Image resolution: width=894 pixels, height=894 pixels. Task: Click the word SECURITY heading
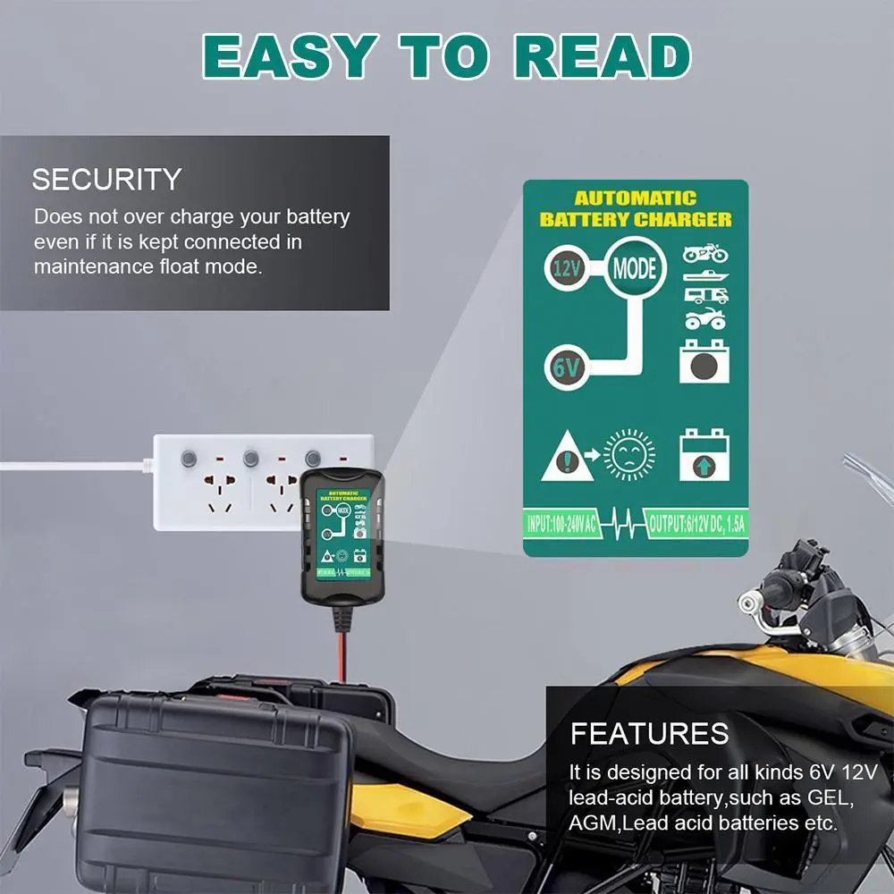pos(106,179)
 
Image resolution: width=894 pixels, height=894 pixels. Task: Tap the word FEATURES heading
pos(650,734)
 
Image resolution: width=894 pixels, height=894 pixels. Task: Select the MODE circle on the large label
pos(636,267)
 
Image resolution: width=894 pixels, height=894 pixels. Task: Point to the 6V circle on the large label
pos(567,366)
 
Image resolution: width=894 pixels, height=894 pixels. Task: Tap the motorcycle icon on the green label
pos(705,253)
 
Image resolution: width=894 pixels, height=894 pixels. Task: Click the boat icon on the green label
pos(705,275)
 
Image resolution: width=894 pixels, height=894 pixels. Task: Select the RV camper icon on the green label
pos(705,296)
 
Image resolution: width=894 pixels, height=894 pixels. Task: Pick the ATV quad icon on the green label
pos(705,318)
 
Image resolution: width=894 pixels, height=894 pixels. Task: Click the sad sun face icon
pos(628,456)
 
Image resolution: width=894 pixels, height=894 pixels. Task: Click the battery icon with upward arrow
pos(702,455)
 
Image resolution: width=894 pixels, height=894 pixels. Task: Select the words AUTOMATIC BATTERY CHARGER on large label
pos(635,208)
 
